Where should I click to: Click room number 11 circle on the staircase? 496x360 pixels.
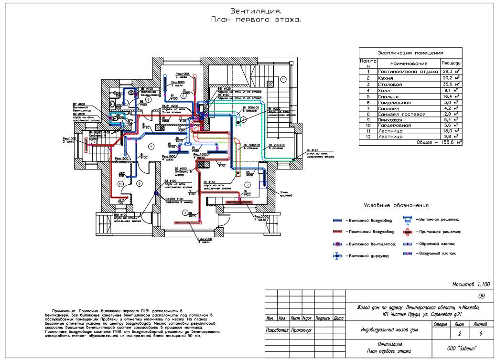283,79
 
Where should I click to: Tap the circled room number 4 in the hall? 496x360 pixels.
151,146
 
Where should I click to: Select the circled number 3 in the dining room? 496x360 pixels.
184,212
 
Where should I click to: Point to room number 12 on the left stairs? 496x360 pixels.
94,141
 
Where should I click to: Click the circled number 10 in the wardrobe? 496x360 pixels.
120,183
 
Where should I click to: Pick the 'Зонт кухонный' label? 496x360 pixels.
287,194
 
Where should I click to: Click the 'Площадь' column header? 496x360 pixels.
451,63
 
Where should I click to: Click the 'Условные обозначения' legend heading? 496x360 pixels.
396,205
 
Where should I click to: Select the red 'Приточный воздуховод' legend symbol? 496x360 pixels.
337,232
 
